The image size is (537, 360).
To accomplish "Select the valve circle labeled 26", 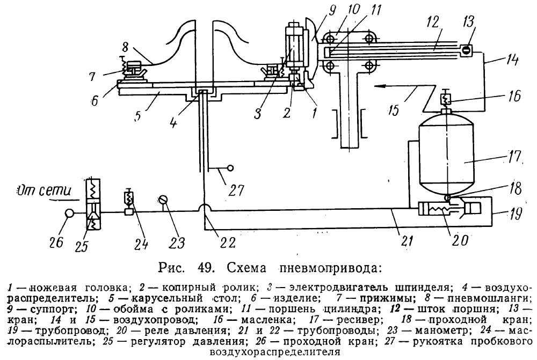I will (70, 212).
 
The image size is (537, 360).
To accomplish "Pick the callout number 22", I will (227, 242).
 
